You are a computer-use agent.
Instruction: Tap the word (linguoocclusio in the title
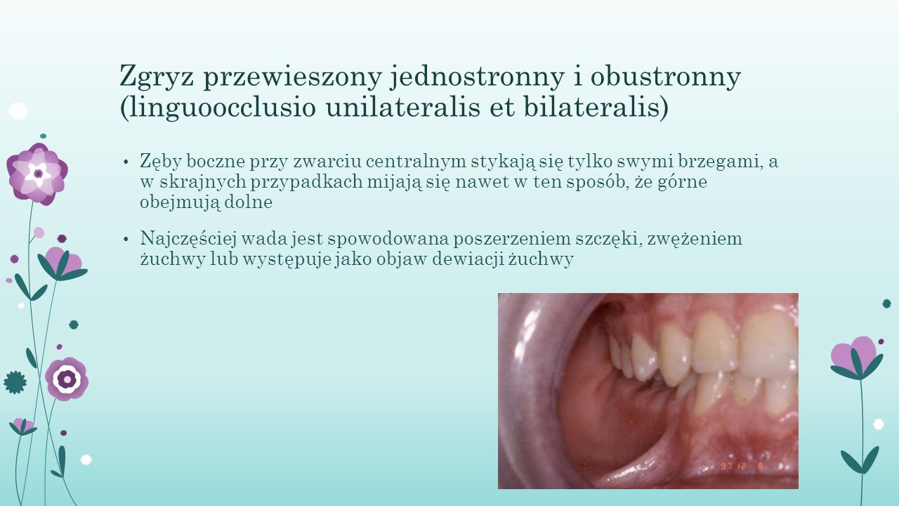(217, 108)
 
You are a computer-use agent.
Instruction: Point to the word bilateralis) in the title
(596, 108)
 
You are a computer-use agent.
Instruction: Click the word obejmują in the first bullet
(180, 202)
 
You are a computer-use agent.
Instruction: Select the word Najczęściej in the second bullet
(188, 239)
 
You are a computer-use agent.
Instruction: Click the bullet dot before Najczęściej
(126, 240)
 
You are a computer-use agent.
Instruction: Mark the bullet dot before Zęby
(126, 162)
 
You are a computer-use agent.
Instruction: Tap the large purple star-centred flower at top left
(37, 174)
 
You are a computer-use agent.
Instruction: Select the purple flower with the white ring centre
(67, 379)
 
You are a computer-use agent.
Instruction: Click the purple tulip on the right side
(857, 358)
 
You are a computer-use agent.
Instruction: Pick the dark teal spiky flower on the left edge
(15, 382)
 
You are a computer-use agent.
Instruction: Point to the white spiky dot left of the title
(18, 111)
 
